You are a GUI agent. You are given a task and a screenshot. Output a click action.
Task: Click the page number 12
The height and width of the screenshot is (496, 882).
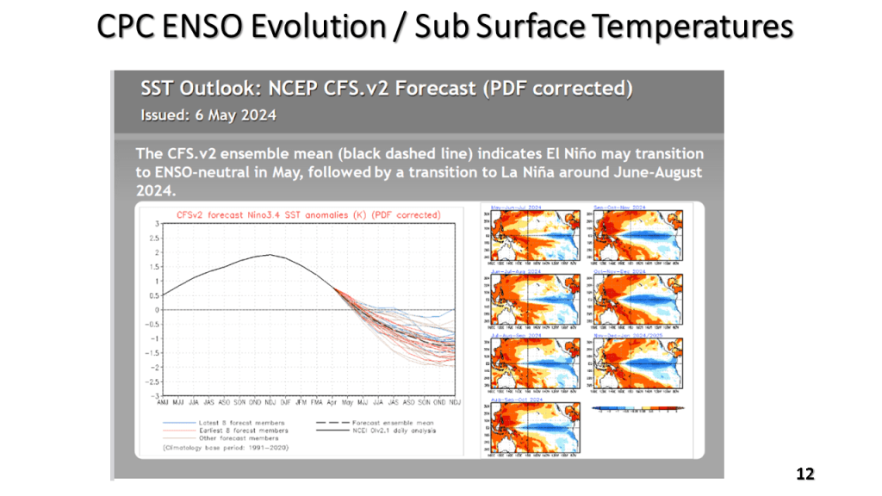804,474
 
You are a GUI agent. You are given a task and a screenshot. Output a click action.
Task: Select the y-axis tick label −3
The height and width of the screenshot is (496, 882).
156,396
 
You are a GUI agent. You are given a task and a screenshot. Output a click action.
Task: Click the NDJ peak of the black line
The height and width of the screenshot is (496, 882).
270,255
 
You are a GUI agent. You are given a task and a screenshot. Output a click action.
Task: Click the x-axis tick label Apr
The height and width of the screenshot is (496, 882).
332,402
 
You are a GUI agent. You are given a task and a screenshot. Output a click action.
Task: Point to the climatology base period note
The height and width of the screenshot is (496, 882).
226,449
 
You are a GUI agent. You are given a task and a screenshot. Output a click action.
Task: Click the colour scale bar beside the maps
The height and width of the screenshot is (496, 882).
637,408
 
